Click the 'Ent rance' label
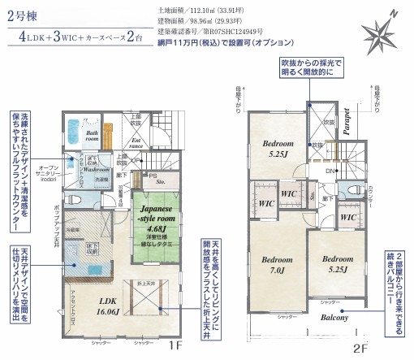pos(157,144)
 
